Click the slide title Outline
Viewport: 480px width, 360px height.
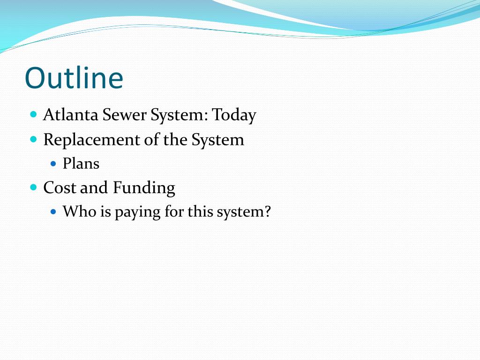(x=74, y=78)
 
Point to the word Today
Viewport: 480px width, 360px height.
(x=234, y=115)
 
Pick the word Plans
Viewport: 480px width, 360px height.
(x=81, y=164)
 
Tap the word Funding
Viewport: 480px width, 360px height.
(x=143, y=188)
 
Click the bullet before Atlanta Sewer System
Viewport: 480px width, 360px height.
(x=33, y=114)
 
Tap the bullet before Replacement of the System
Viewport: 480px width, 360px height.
(x=33, y=139)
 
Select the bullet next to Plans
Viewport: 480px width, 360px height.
(x=53, y=164)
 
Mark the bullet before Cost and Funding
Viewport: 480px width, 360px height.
(x=33, y=187)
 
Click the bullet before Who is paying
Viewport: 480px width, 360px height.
(x=53, y=212)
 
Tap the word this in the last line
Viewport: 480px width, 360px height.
(x=200, y=212)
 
